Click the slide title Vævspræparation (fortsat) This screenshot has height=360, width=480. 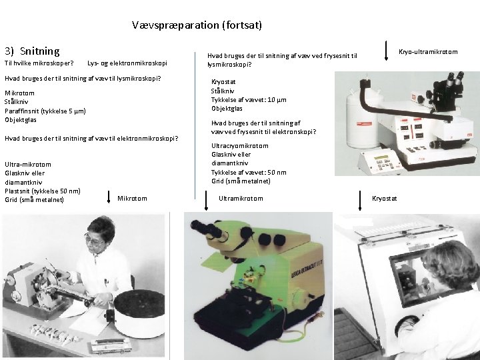pyautogui.click(x=197, y=25)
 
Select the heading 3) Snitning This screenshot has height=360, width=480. pyautogui.click(x=32, y=51)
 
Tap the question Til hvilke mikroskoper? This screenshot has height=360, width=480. pyautogui.click(x=39, y=63)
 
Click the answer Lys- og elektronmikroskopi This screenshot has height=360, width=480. pyautogui.click(x=127, y=63)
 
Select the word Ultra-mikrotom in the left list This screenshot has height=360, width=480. pyautogui.click(x=27, y=164)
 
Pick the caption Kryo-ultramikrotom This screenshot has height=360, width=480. pyautogui.click(x=427, y=51)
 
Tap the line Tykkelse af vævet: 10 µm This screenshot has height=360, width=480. pyautogui.click(x=249, y=99)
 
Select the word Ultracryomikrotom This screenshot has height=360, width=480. pyautogui.click(x=239, y=145)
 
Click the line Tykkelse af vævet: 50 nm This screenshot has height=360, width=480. pyautogui.click(x=249, y=172)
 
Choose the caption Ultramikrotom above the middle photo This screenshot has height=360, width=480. pyautogui.click(x=241, y=198)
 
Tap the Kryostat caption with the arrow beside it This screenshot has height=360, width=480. pyautogui.click(x=384, y=198)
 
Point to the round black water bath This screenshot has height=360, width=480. pyautogui.click(x=139, y=313)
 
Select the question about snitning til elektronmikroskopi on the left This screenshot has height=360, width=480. pyautogui.click(x=91, y=139)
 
